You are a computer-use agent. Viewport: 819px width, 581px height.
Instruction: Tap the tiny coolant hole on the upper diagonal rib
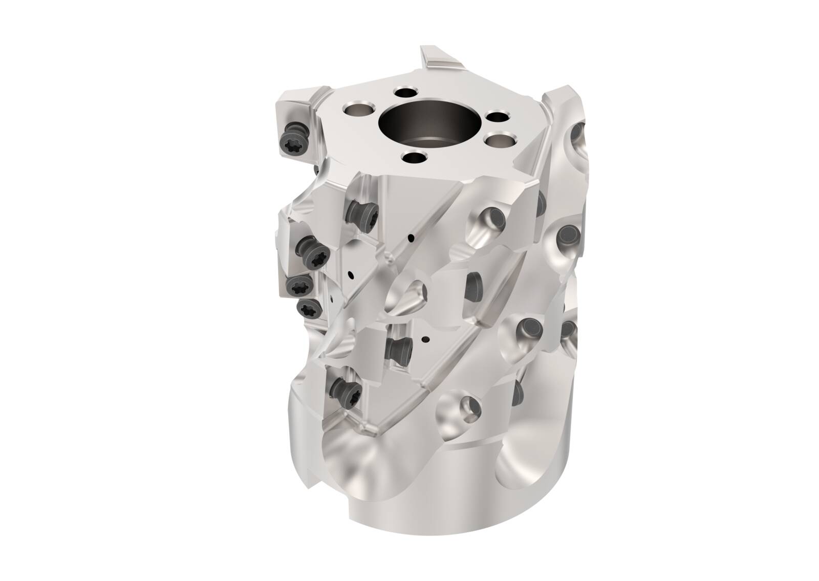(411, 238)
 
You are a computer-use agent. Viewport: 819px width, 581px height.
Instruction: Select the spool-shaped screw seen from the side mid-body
(400, 351)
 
